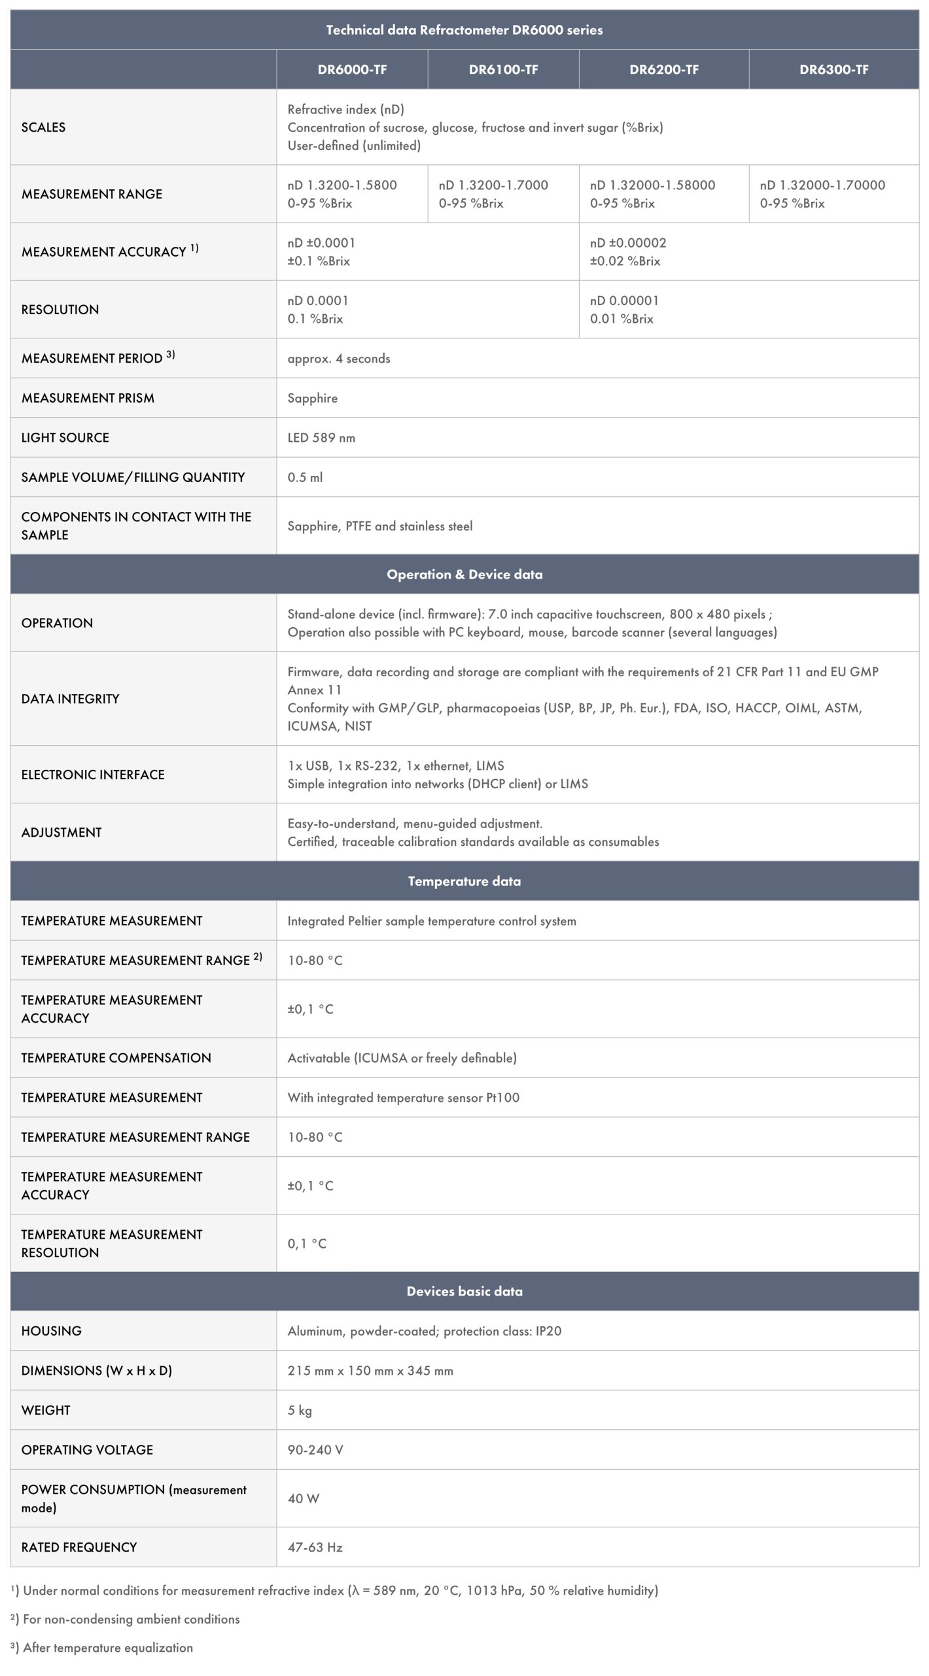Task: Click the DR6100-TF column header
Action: coord(503,69)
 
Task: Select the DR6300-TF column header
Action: coord(833,69)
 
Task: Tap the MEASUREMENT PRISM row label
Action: coord(88,398)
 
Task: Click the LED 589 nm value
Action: coord(321,438)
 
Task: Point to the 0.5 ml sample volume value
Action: coord(305,477)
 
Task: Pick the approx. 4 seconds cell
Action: coord(338,359)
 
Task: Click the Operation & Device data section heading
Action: coord(464,574)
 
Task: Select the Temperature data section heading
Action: coord(464,881)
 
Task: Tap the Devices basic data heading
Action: coord(464,1291)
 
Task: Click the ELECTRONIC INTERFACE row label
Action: coord(93,774)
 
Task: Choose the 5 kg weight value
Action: coord(300,1410)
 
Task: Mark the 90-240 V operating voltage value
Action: coord(315,1449)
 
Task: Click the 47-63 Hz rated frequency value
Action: coord(315,1547)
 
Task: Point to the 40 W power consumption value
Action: coord(304,1499)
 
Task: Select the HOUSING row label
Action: coord(51,1331)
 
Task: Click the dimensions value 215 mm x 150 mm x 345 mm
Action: coord(370,1370)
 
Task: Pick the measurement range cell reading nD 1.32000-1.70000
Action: coord(822,185)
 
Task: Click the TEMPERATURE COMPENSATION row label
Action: coord(116,1058)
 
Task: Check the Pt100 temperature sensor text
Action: coord(403,1097)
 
